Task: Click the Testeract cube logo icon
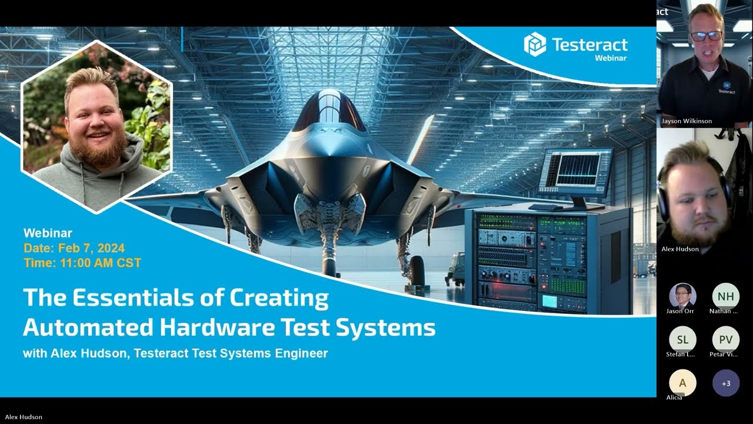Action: point(535,45)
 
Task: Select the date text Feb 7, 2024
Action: point(89,249)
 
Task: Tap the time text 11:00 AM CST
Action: point(101,263)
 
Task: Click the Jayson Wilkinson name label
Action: point(687,121)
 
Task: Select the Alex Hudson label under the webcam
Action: point(680,249)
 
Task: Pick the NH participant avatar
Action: point(725,296)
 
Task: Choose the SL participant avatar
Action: point(682,339)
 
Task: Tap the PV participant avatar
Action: point(725,339)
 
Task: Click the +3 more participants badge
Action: point(725,383)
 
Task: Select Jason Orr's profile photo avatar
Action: point(682,296)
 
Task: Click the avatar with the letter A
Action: point(682,383)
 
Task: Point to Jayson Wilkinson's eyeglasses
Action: point(707,35)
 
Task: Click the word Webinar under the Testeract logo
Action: point(611,58)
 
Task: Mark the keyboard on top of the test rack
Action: point(545,207)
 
